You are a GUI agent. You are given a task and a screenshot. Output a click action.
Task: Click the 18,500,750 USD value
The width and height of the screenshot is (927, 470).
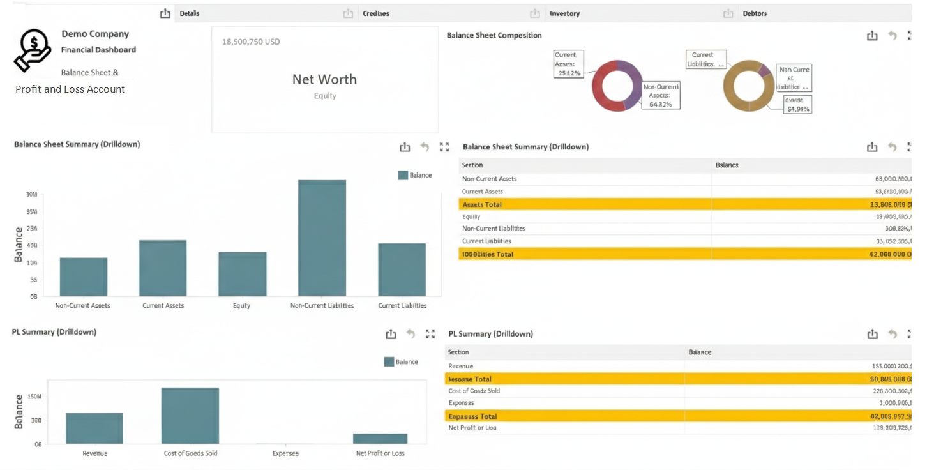[x=251, y=42]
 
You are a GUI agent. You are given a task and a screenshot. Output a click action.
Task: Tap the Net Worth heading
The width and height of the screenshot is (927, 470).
[x=324, y=79]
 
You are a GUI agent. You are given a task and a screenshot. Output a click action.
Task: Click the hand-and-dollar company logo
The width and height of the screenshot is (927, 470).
[x=33, y=50]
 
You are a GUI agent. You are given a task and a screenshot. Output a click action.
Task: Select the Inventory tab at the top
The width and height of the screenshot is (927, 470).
[x=564, y=13]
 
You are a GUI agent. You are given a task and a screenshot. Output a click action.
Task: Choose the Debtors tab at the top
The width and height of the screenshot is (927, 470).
[x=755, y=13]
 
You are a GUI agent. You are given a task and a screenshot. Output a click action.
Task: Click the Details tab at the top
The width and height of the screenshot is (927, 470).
[x=190, y=13]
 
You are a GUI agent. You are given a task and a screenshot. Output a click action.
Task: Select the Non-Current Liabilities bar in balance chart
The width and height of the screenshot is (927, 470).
[x=322, y=238]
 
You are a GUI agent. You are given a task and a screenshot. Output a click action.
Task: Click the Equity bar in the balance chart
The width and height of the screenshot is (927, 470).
[x=242, y=274]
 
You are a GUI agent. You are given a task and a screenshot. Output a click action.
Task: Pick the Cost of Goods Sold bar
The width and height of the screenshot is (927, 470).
[x=190, y=416]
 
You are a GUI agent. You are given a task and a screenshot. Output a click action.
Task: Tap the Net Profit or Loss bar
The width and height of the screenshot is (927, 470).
[x=380, y=439]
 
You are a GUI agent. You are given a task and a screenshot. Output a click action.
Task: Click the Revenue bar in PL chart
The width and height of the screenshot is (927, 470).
[x=94, y=428]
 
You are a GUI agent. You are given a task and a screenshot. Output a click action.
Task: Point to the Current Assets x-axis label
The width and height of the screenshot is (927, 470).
[x=163, y=306]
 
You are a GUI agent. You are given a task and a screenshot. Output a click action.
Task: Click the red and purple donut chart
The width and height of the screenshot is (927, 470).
[x=617, y=86]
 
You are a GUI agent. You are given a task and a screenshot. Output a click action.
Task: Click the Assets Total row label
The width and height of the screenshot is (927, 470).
[x=482, y=204]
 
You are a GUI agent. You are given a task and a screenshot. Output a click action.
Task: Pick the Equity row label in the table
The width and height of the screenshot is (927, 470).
[x=471, y=216]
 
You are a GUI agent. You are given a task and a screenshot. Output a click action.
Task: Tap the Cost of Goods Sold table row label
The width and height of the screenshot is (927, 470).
[x=474, y=391]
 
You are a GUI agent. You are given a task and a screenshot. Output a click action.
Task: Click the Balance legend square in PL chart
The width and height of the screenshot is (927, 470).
[x=389, y=362]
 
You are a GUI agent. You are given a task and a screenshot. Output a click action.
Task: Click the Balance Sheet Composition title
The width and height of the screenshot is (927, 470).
[x=494, y=36]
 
